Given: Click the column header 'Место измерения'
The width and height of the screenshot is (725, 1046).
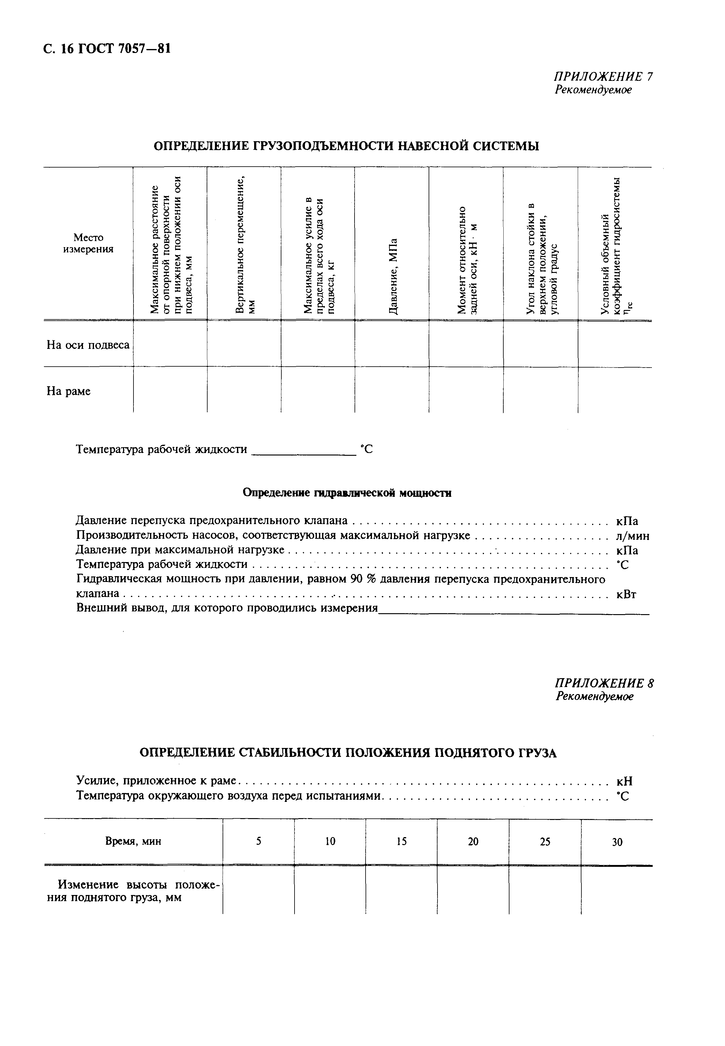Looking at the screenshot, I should pos(88,243).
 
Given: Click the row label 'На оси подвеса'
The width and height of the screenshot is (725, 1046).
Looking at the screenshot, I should pos(88,345).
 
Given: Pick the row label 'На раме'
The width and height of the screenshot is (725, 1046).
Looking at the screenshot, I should pos(69,391).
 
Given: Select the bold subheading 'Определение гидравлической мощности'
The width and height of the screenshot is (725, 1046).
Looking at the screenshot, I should pos(347,493).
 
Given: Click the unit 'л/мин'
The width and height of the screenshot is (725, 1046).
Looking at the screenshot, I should pos(632,536).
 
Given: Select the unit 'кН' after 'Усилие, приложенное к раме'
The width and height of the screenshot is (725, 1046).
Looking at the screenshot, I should pos(624,782).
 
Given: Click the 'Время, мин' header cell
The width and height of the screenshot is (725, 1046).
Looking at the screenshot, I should pos(133,841).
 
